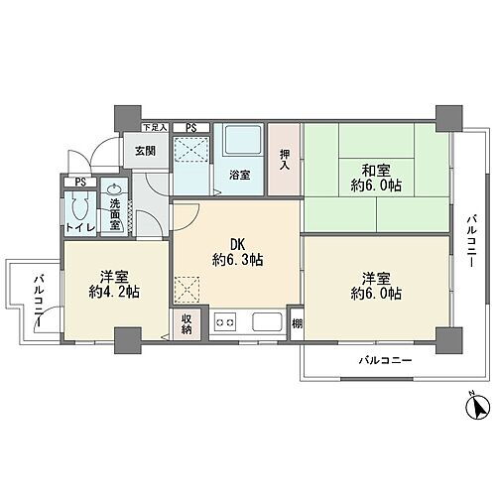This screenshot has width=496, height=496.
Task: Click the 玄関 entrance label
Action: click(145, 150)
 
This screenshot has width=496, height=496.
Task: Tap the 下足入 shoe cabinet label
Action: click(153, 128)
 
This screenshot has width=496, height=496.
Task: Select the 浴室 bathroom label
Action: click(240, 176)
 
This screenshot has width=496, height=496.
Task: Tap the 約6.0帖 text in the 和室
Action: click(374, 186)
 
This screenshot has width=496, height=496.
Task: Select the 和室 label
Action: click(374, 168)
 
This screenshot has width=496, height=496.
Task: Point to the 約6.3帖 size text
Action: click(237, 259)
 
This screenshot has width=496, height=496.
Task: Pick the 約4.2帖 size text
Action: click(111, 293)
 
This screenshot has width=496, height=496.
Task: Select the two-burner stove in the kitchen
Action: click(225, 321)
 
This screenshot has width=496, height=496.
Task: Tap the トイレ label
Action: click(79, 229)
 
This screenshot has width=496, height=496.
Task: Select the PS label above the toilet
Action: click(80, 182)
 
